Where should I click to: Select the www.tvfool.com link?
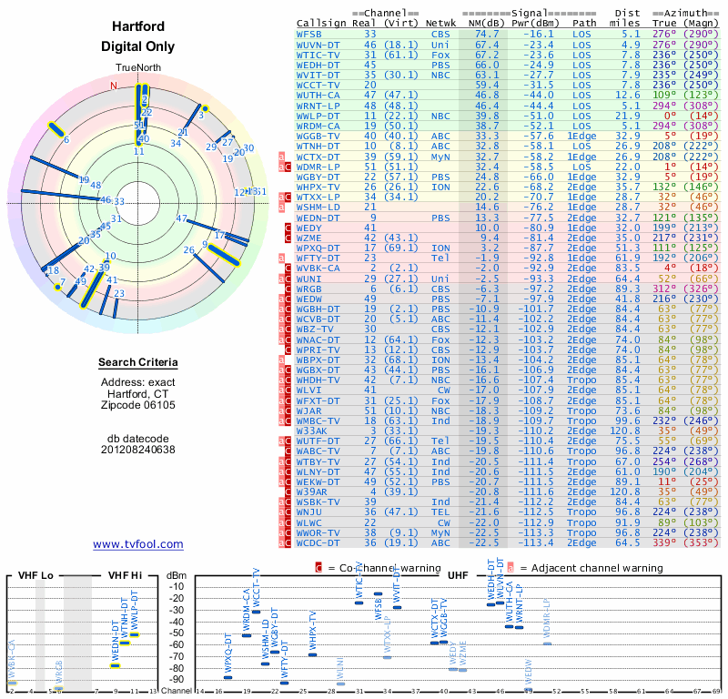(138, 544)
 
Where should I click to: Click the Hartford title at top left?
(137, 26)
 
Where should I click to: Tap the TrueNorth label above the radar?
(137, 69)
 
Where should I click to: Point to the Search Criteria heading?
(138, 363)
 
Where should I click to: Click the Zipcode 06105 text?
(138, 405)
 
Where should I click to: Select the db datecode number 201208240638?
(138, 449)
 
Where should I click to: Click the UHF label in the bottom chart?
(460, 576)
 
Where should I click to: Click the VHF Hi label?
(122, 576)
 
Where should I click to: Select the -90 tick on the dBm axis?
(177, 679)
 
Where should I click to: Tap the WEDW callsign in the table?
(311, 299)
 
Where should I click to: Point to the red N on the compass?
(114, 86)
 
